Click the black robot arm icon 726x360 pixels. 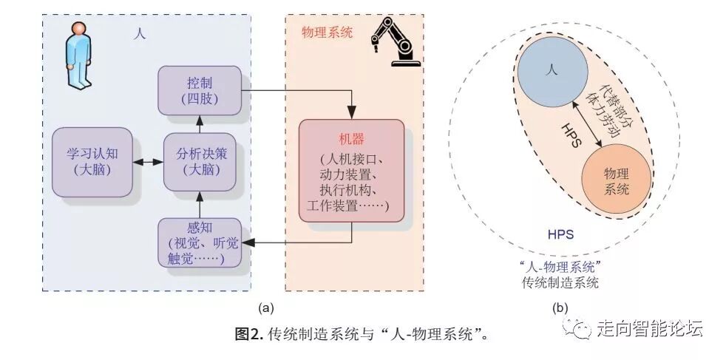click(x=393, y=40)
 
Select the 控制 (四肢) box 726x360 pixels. click(x=200, y=89)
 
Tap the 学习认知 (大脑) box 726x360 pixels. click(x=92, y=161)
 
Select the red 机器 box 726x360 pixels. click(x=351, y=171)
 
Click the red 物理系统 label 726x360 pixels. click(x=327, y=33)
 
